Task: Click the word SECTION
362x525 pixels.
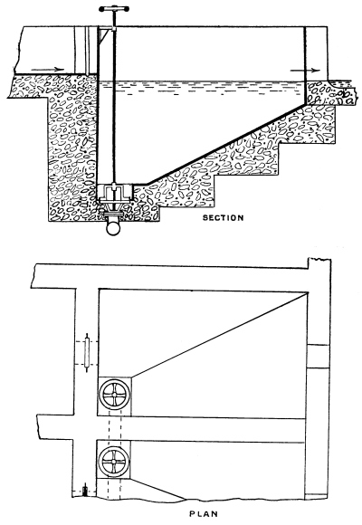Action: [x=223, y=217]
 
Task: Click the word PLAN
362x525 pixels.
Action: [x=204, y=513]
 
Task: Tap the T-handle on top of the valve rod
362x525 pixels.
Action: [x=114, y=9]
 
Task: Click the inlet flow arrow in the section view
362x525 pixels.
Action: [x=47, y=70]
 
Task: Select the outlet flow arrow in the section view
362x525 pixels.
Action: [x=305, y=71]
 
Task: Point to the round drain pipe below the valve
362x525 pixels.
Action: [x=113, y=228]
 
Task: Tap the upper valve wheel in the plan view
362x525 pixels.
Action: [x=115, y=395]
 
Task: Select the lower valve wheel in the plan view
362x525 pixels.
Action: [x=113, y=462]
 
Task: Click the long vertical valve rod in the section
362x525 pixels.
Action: [x=114, y=106]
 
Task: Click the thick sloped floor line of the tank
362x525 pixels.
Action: [x=226, y=144]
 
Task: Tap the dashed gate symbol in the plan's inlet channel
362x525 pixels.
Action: [x=87, y=353]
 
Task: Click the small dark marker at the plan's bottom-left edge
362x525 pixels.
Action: [x=85, y=491]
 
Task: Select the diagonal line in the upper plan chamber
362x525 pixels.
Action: [x=219, y=335]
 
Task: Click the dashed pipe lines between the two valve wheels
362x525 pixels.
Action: [x=115, y=428]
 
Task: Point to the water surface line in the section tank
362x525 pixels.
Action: [x=202, y=81]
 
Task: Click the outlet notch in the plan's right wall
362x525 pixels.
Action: [x=319, y=357]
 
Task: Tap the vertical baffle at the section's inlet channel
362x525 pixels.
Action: [x=87, y=51]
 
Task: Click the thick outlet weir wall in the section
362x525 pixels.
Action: [x=305, y=65]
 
